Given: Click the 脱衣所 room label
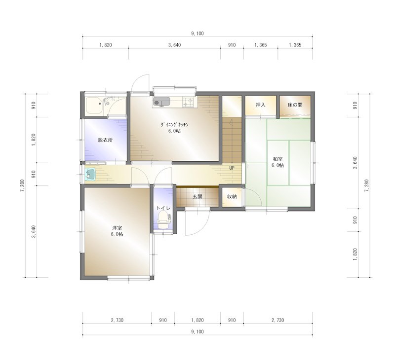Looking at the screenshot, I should pos(105,140).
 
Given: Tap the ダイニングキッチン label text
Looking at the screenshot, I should pos(175,125).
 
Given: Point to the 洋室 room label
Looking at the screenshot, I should pos(117,228).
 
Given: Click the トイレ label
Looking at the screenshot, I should pos(163,208).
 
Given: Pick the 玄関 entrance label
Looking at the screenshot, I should pos(197,196).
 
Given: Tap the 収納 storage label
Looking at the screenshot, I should pos(232,196).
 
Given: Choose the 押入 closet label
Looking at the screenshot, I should pos(261,105).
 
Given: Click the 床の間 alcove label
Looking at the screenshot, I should pos(295,105).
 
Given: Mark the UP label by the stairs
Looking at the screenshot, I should pos(231,168).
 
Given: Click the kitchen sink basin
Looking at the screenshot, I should pos(161,103).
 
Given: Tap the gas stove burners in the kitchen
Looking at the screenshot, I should pos(189,103).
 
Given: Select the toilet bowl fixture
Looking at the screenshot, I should pos(163,222).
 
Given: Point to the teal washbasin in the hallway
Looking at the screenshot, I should pos(90,174).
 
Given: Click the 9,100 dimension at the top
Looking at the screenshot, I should pos(197,34).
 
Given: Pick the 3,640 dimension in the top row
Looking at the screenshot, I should pos(174,45).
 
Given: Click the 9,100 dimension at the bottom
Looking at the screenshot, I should pos(197,332).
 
